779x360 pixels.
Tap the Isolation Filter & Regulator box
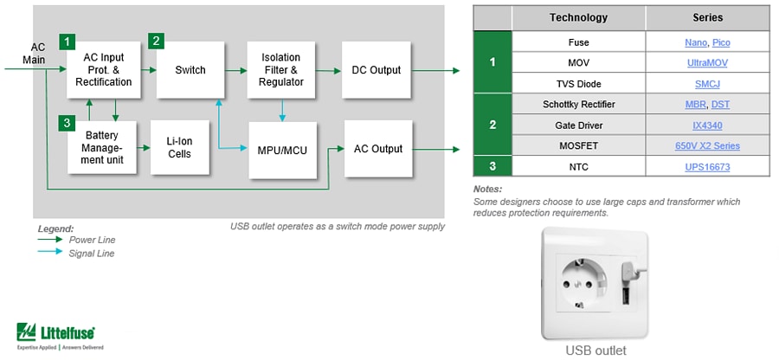tap(280, 70)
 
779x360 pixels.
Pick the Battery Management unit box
tap(101, 148)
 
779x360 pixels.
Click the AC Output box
tap(378, 149)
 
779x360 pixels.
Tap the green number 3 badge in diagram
tap(67, 124)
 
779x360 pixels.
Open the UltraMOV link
tap(707, 62)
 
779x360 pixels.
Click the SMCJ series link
tap(707, 83)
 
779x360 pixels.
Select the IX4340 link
tap(707, 125)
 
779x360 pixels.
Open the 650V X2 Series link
tap(707, 146)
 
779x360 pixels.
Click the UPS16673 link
tap(707, 166)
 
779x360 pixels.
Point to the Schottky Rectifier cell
tap(578, 104)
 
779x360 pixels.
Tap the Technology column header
tap(578, 17)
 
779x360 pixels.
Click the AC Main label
tap(38, 54)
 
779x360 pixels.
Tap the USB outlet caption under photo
tap(596, 350)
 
